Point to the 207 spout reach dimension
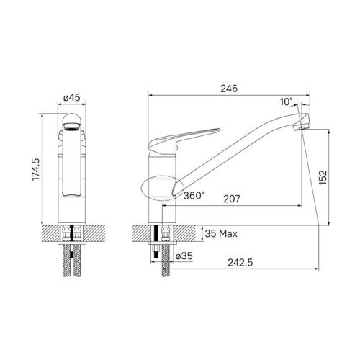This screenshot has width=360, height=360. coord(231,197)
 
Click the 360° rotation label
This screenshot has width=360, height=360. coord(193,195)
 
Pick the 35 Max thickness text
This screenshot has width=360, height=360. coord(221,234)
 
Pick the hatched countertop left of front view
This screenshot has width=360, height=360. coord(53,234)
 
